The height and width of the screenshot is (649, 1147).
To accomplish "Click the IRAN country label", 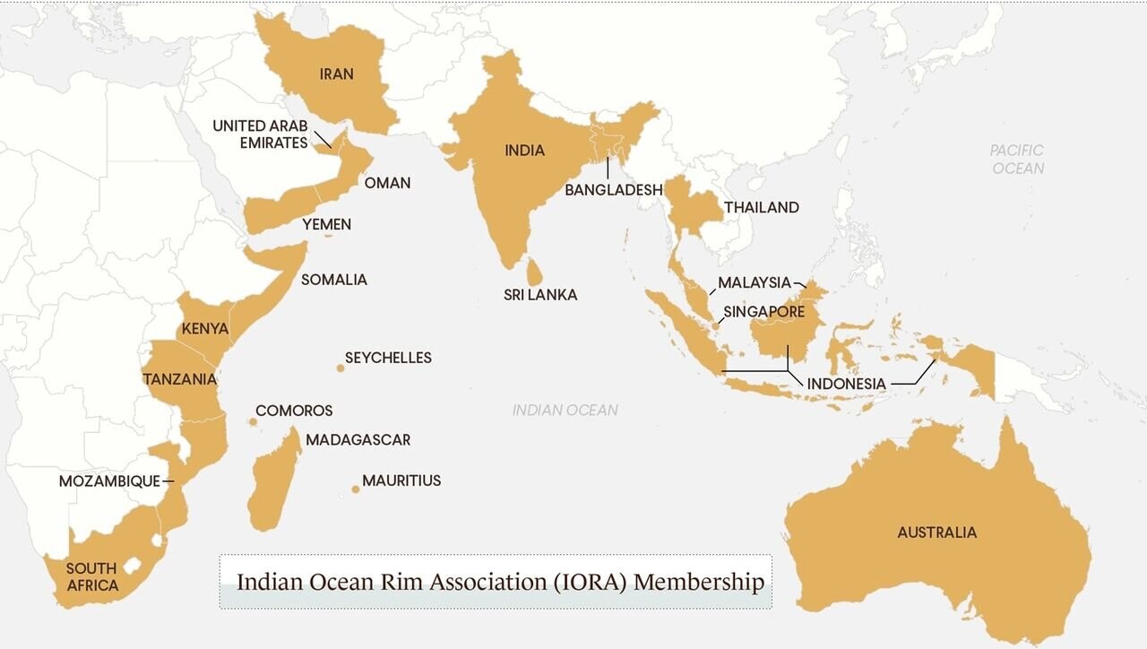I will click(336, 74).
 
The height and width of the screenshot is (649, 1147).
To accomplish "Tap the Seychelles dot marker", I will click(341, 368).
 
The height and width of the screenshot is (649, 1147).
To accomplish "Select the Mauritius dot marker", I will click(356, 489).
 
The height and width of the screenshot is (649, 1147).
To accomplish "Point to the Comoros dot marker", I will click(254, 421).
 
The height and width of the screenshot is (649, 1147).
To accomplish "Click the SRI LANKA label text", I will click(539, 294).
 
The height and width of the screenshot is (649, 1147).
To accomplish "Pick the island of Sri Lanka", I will click(533, 270).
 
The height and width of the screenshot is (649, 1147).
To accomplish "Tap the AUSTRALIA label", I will click(936, 532).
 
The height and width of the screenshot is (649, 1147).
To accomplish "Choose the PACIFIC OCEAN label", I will click(1017, 159).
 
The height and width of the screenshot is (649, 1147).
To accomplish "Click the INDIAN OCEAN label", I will click(565, 410).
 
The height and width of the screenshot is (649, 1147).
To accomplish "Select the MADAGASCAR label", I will click(358, 440).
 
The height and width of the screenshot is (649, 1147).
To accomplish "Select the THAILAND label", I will click(761, 207).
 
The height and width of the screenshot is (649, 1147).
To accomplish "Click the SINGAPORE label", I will click(763, 313).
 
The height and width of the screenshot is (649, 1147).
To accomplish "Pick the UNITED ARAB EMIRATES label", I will click(260, 134).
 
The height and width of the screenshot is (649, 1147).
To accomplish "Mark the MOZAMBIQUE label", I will click(109, 481).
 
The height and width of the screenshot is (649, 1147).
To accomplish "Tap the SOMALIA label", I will click(333, 280).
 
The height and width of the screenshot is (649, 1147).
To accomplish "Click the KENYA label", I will click(205, 329).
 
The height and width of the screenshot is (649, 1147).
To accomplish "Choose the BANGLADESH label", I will click(613, 190).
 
